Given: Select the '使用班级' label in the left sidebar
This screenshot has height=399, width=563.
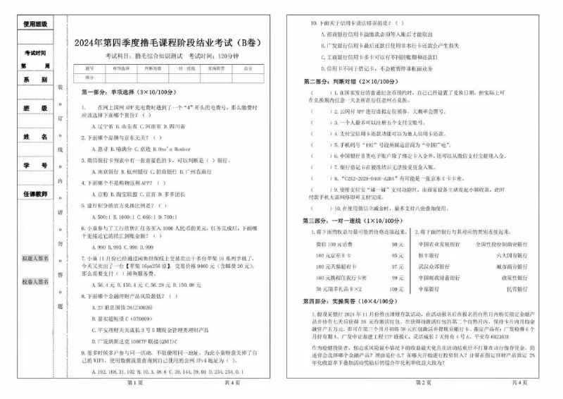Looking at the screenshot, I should click(35, 24).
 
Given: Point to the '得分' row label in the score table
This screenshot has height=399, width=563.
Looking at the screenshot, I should click(89, 77).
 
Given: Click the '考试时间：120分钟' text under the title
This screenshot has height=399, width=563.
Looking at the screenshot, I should click(208, 54).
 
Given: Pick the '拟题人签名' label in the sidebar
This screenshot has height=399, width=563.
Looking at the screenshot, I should click(35, 259).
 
